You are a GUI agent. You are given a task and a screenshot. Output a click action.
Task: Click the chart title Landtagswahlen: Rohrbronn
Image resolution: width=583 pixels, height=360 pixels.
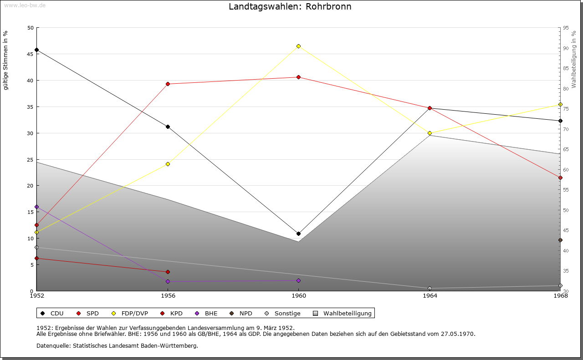(290, 7)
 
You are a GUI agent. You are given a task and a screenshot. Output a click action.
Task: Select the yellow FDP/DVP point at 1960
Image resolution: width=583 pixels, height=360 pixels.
(298, 46)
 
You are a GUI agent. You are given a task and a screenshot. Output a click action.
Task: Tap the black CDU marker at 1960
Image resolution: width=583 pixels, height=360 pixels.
(298, 233)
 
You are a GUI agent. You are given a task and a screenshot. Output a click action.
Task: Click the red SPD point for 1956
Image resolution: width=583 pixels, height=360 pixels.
(168, 84)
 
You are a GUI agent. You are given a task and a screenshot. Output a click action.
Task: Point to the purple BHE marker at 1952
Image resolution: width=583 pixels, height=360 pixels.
(37, 207)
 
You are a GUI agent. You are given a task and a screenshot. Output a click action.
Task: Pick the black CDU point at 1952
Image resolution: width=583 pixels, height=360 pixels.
(37, 50)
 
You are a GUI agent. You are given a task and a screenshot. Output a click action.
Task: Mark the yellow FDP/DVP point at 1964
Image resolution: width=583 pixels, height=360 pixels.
(430, 133)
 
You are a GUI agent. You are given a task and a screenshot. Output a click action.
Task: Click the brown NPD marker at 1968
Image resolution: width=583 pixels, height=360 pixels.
(560, 240)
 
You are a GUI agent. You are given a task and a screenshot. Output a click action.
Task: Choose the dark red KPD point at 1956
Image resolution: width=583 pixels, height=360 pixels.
(168, 272)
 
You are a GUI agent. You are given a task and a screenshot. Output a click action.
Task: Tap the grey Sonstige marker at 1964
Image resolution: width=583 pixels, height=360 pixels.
(430, 288)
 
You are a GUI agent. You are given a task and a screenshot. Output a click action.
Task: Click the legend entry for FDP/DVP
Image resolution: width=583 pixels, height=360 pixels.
(130, 313)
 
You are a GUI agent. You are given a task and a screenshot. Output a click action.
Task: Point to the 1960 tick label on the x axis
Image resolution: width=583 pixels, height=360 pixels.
(298, 296)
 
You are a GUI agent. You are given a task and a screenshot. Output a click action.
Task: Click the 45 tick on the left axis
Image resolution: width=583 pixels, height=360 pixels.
(30, 54)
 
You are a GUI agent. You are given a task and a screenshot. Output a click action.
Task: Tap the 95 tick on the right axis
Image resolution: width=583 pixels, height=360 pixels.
(566, 28)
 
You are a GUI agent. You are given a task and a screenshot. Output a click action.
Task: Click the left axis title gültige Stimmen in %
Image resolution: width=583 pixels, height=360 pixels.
(5, 60)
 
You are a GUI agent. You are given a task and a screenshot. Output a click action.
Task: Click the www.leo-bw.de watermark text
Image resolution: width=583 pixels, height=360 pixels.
(24, 5)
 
